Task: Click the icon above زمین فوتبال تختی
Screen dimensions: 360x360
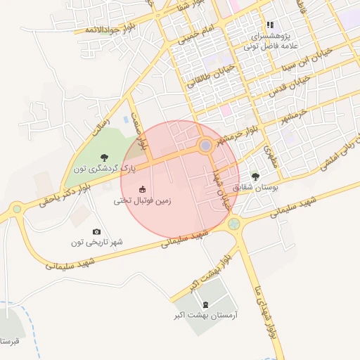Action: tap(142, 189)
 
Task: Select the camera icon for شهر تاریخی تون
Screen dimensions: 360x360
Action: tap(96, 231)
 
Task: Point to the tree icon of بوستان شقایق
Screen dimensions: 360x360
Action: tap(255, 176)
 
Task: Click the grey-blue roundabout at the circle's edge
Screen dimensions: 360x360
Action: tap(205, 146)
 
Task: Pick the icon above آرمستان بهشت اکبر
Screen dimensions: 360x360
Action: tap(205, 304)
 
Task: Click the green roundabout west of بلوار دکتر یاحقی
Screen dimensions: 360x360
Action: tap(16, 208)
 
